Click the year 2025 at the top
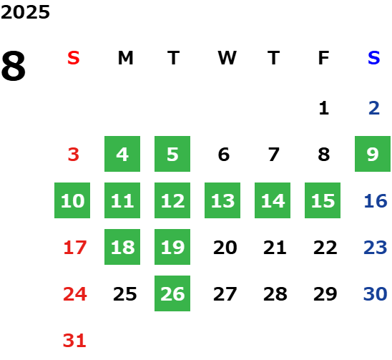coord(25,12)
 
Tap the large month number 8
coord(14,66)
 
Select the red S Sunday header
coord(74,58)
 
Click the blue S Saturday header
coord(373,58)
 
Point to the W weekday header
coord(227,58)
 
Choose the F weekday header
coord(323,58)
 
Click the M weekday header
coord(125,58)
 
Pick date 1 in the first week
coord(324,108)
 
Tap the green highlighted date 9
coord(373,154)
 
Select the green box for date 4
coord(122,154)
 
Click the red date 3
coord(74,155)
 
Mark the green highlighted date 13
coord(222,200)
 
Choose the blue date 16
coord(376,201)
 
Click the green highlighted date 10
coord(72,200)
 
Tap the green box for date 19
coord(172,247)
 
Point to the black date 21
coord(275,248)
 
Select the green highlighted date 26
coord(172,293)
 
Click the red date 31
coord(74,341)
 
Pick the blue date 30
coord(376,294)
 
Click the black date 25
coord(125,294)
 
